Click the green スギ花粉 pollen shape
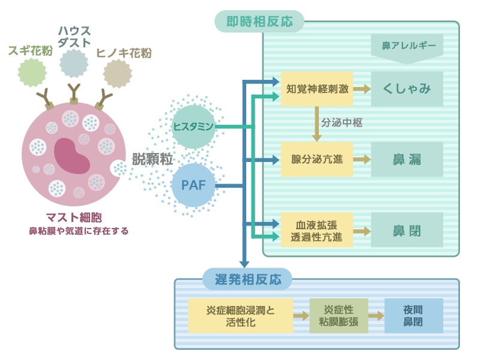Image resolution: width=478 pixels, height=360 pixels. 32,73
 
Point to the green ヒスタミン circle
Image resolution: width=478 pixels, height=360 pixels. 193,127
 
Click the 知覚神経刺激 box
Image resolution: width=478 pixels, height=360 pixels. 316,89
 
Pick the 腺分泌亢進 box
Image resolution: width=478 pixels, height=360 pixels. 316,160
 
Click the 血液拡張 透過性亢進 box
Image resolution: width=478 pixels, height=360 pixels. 316,230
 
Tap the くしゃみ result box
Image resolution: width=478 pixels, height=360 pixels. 407,89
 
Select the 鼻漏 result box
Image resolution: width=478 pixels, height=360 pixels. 407,160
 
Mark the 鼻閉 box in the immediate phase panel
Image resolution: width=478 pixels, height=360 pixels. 407,230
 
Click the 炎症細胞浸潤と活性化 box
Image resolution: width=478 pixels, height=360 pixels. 240,316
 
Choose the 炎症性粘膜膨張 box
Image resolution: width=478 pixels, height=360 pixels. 338,316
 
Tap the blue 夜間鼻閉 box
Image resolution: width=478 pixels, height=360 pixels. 413,316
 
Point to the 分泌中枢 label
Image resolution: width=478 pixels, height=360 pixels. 341,123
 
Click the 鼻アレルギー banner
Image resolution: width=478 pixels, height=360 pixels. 408,46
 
